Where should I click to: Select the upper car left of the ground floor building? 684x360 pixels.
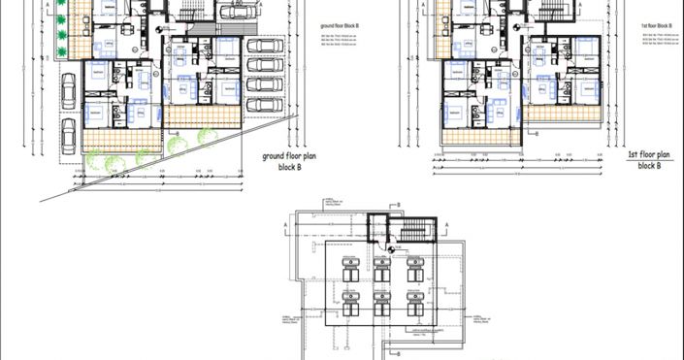coord(67,93)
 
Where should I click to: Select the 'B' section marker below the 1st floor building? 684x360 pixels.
coord(537,136)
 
